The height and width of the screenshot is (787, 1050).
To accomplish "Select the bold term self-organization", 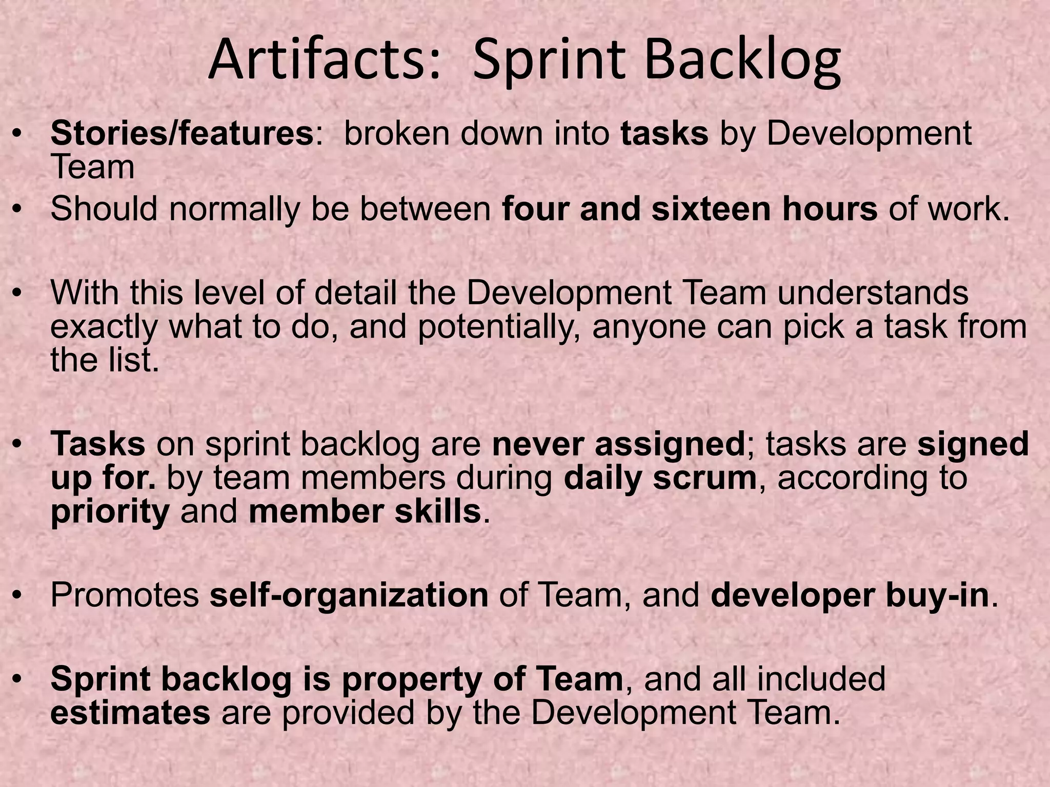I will pyautogui.click(x=349, y=595).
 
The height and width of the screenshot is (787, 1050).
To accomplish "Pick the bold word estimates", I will pyautogui.click(x=130, y=713).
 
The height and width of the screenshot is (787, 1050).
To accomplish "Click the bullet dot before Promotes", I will pyautogui.click(x=18, y=596).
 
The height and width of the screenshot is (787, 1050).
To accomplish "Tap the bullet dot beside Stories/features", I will pyautogui.click(x=18, y=134).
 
